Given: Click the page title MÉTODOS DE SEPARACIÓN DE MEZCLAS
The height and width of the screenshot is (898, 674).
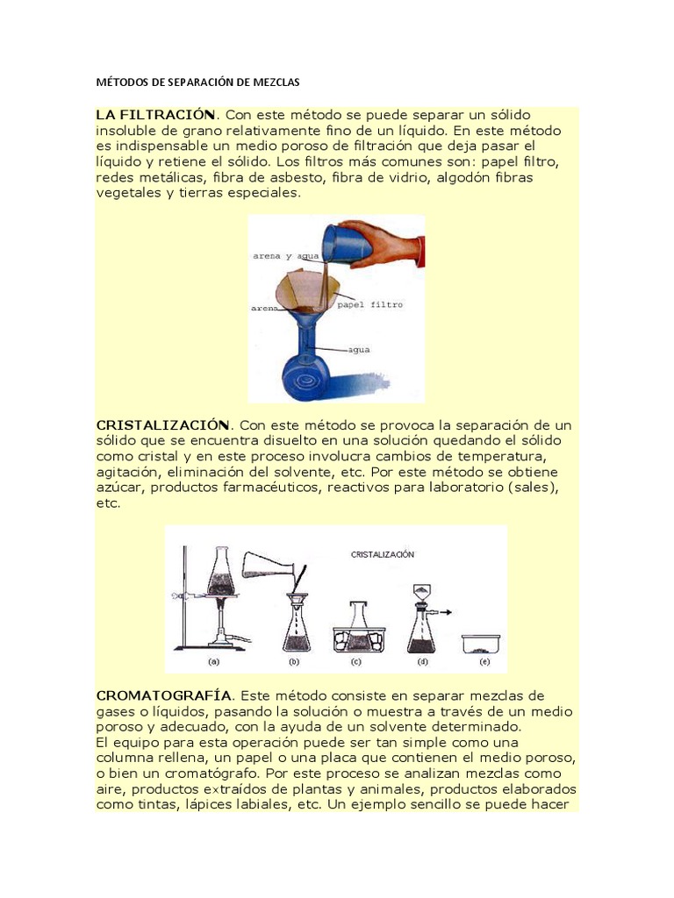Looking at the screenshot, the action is (197, 82).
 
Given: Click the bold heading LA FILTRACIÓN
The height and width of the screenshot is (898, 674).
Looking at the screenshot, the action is (155, 115).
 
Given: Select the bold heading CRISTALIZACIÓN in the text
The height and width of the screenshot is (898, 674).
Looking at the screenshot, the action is (162, 425).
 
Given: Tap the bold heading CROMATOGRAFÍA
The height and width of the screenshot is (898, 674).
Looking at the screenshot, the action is (164, 695).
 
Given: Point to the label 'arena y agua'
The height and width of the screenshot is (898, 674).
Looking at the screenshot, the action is (285, 256).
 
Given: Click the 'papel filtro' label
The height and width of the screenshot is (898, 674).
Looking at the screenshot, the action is (369, 304).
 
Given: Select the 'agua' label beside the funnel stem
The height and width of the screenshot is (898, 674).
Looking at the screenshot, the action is (359, 350).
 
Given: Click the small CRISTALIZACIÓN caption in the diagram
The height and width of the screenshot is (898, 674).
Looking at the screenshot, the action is (383, 554).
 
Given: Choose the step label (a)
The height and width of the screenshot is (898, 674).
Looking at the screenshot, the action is (213, 661).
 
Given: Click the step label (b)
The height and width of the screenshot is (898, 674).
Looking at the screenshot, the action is (294, 661).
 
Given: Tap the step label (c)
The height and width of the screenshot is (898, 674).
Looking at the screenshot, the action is (356, 661).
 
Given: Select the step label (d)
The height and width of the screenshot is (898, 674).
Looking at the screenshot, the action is (422, 661).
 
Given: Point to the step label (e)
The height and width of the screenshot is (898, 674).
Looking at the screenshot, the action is (484, 661).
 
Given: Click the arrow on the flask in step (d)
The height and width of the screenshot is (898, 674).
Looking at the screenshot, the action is (444, 612).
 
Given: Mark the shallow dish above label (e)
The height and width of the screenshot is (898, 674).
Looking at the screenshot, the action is (482, 645).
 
